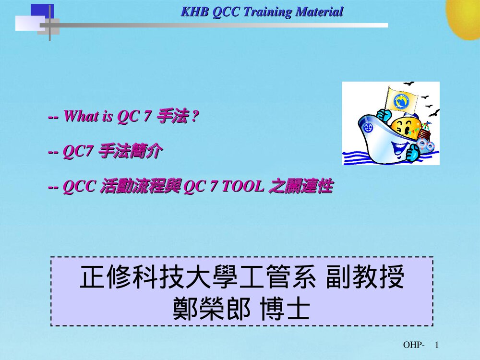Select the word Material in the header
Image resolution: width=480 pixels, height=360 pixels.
click(x=319, y=12)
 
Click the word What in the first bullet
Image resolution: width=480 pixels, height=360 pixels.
click(x=81, y=117)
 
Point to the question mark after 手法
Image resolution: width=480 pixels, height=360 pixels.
click(x=193, y=117)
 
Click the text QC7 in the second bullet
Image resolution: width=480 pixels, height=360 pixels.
click(x=77, y=152)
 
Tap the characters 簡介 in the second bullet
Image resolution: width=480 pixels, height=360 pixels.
click(x=145, y=152)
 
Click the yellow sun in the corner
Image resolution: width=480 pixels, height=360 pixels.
click(x=465, y=17)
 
